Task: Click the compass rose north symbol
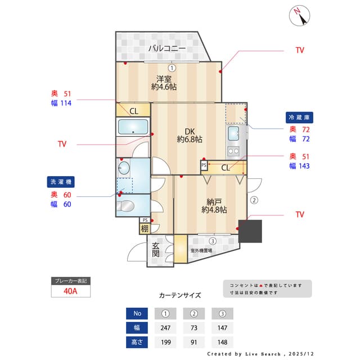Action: [x=300, y=16]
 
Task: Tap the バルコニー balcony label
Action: [x=166, y=49]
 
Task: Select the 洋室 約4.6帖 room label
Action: [x=164, y=83]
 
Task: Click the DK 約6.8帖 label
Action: [x=190, y=135]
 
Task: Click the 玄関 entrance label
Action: [x=156, y=249]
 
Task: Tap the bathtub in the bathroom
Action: [x=133, y=127]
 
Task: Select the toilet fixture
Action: [x=126, y=205]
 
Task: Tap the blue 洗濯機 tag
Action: [x=61, y=182]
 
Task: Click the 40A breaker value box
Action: [x=71, y=291]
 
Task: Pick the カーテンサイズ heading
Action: [x=179, y=295]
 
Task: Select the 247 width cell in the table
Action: [x=165, y=327]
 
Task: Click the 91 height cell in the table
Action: [x=193, y=342]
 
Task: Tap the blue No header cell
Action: [x=137, y=313]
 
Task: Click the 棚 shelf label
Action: [x=145, y=228]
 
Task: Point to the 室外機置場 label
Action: [x=201, y=250]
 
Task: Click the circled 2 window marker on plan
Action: [x=254, y=200]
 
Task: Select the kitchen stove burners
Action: [x=233, y=151]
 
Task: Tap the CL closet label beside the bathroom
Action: [x=134, y=111]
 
